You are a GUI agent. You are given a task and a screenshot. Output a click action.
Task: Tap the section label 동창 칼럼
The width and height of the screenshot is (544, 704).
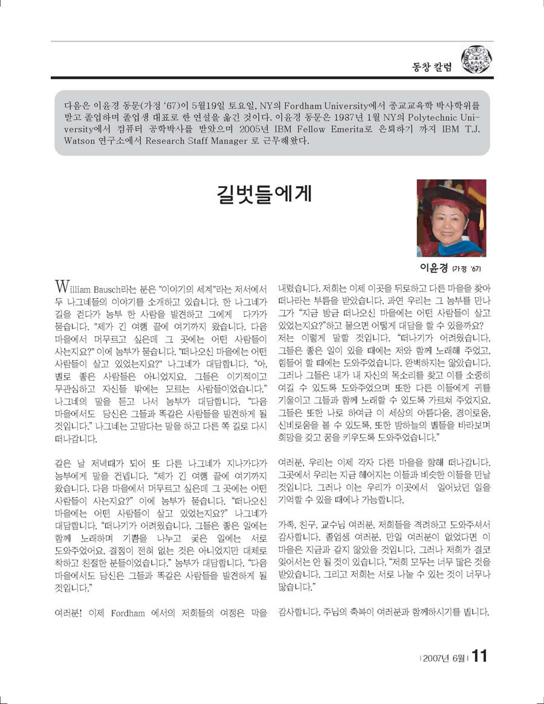coord(432,66)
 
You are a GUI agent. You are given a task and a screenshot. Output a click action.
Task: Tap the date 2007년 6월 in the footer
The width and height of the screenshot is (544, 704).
coord(443,657)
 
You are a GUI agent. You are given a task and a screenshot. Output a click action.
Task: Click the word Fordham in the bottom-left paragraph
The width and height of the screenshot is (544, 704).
coord(128,613)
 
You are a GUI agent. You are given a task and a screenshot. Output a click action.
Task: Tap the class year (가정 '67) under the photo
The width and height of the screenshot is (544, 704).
coord(468,268)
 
